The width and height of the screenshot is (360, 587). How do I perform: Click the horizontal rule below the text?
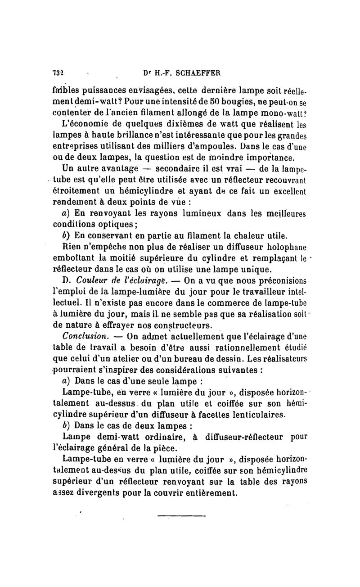click(181, 516)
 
